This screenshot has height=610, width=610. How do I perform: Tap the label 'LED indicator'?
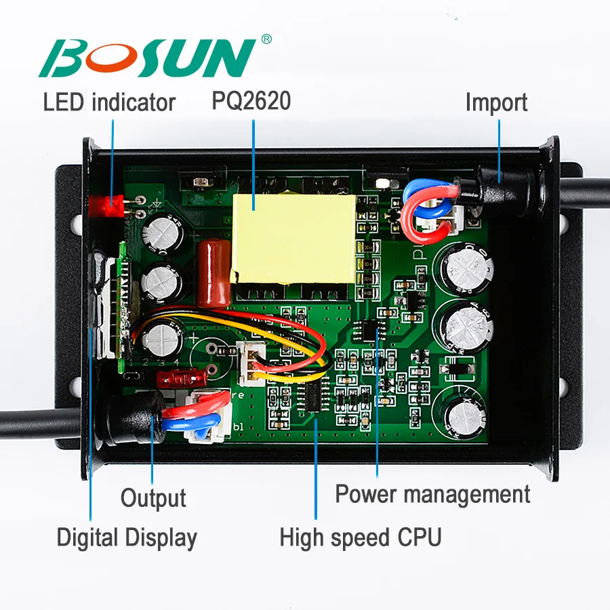[109, 103]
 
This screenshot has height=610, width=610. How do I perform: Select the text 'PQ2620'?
[251, 101]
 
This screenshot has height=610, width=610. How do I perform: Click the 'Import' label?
[496, 103]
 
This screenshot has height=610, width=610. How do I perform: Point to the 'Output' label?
[153, 498]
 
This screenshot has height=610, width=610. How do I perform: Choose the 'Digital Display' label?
[127, 537]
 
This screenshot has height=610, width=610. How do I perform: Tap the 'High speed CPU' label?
[361, 537]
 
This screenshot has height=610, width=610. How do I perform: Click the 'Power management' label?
[432, 494]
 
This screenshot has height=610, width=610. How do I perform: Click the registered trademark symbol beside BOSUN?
[266, 40]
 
